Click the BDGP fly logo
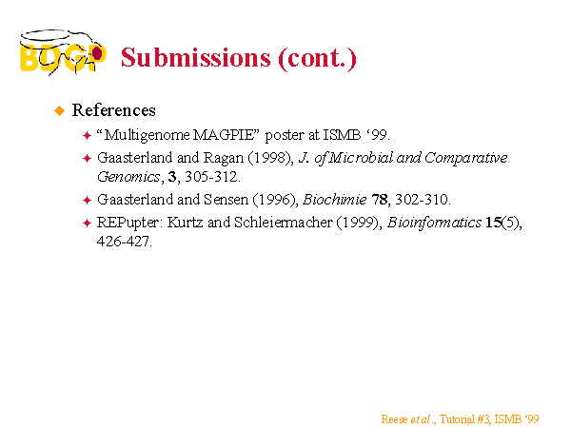click(63, 52)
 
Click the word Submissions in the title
click(196, 58)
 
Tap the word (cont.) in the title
click(317, 58)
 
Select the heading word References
click(113, 110)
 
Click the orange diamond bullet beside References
click(59, 110)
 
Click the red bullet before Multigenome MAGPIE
click(87, 136)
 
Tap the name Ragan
click(224, 158)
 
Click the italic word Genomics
click(128, 177)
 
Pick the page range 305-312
click(212, 177)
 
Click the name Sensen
click(226, 200)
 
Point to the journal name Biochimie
click(334, 200)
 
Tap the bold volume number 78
click(380, 200)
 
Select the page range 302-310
click(423, 200)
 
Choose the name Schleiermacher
click(284, 223)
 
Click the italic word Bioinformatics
click(434, 223)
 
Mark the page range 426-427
click(124, 242)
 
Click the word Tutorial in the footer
click(457, 419)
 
